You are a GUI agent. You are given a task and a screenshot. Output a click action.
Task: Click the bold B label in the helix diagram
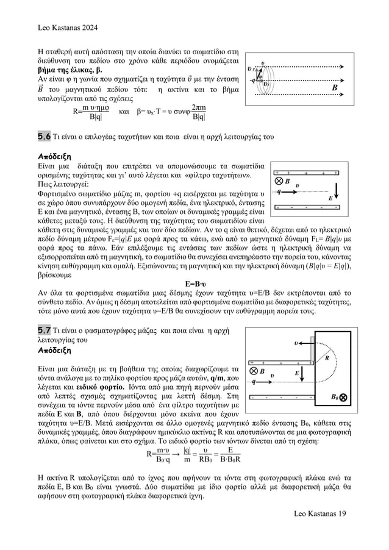tap(334, 87)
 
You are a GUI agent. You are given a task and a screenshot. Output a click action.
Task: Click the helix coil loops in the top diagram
tap(263, 74)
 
